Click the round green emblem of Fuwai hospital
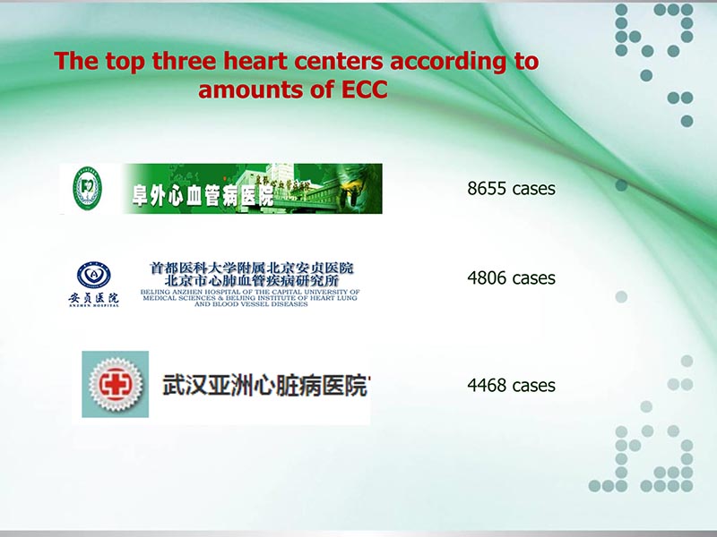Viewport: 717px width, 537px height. point(87,189)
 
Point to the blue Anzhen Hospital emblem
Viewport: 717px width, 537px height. point(94,275)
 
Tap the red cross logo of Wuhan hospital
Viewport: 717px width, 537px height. point(117,384)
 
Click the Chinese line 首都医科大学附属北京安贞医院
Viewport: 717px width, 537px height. point(252,268)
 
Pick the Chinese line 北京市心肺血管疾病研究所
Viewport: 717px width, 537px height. point(246,280)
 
